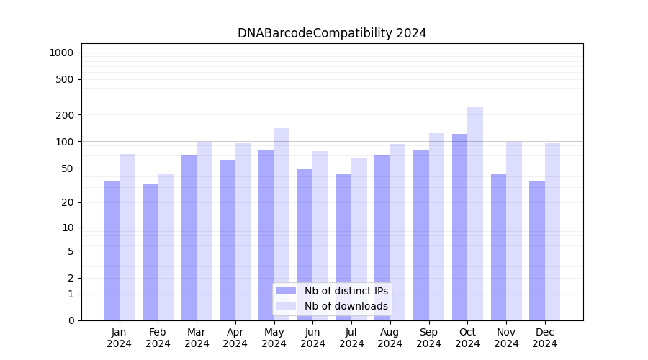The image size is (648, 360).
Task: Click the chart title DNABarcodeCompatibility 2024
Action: (332, 33)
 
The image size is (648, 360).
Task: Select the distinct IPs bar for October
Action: (459, 227)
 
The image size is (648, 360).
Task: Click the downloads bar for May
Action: (282, 224)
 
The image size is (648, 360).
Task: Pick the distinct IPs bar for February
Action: (150, 252)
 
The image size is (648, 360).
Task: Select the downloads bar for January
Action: (127, 237)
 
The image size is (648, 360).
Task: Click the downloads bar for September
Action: (436, 227)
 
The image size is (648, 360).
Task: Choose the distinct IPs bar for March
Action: (189, 238)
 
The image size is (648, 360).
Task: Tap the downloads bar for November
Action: (514, 230)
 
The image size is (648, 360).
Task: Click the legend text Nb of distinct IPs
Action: (346, 291)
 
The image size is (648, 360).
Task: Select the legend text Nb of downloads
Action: (346, 306)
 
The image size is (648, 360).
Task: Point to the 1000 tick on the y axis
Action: (60, 53)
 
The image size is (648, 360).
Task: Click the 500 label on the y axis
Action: (66, 79)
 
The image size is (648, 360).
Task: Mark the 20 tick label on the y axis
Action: (68, 202)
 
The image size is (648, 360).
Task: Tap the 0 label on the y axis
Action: (71, 320)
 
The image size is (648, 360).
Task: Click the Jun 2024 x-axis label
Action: (312, 338)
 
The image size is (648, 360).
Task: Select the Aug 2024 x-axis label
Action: (390, 338)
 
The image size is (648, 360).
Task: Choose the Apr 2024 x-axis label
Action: (235, 338)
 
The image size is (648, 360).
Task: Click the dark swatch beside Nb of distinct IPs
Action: (286, 291)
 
